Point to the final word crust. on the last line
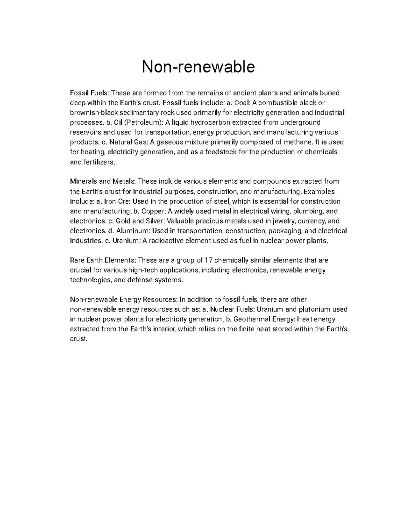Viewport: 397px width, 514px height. tap(79, 339)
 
